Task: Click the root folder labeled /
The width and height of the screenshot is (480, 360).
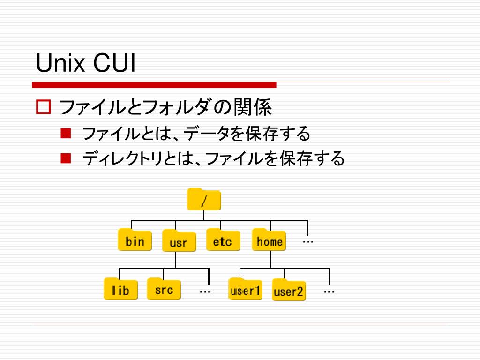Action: coord(204,200)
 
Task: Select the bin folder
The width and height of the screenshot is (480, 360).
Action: coord(135,240)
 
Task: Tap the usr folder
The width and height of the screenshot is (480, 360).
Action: coord(179,242)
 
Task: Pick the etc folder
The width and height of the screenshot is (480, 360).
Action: coord(223,240)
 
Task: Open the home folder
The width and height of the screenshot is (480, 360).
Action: coord(269,240)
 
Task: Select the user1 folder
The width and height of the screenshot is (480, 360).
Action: coord(245,290)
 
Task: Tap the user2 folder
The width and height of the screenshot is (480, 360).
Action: coord(289,291)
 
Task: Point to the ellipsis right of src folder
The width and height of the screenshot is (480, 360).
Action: coord(205,292)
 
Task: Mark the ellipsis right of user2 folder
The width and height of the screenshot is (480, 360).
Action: coord(329,292)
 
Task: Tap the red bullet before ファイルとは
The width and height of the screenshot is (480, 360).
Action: coord(65,134)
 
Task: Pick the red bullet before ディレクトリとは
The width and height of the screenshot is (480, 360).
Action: coord(65,158)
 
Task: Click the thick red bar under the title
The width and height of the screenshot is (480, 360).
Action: coord(154,85)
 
